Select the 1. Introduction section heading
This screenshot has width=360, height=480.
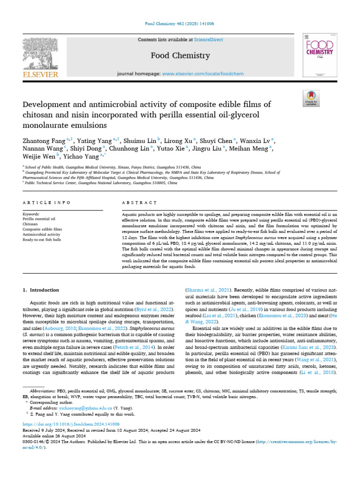point(41,290)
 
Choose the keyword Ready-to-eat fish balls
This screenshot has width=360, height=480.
point(42,240)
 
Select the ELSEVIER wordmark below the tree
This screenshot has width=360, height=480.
point(40,74)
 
